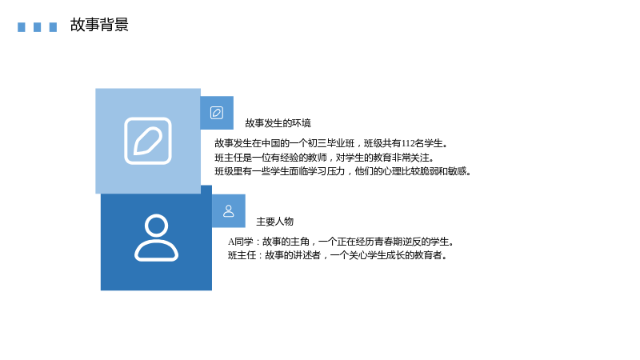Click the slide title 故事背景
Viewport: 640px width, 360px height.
tap(99, 25)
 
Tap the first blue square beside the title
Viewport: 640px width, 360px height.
tap(22, 27)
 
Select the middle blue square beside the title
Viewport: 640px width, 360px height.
tap(37, 27)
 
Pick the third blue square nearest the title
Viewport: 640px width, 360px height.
tap(53, 27)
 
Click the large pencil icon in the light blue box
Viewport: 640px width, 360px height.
tap(148, 141)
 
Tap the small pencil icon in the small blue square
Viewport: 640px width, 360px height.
tap(217, 113)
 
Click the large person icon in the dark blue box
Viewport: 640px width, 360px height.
tap(156, 238)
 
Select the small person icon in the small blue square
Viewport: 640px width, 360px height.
tap(229, 211)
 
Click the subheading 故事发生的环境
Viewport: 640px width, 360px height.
tap(278, 123)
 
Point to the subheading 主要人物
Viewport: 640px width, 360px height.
tap(274, 222)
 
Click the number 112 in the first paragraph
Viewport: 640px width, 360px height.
tap(408, 143)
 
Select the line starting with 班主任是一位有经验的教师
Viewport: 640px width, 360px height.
tap(325, 158)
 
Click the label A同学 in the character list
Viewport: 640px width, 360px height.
tap(241, 242)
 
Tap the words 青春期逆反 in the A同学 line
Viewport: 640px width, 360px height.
tap(406, 242)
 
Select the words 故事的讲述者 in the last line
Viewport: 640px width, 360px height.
tap(293, 255)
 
